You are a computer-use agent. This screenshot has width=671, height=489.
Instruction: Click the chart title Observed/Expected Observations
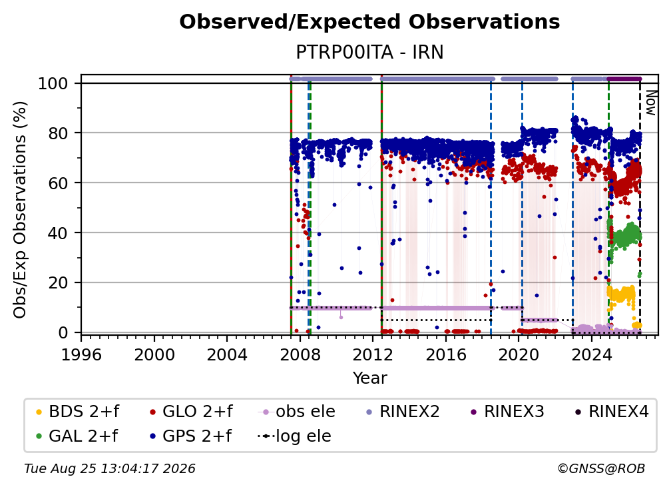[x=369, y=22]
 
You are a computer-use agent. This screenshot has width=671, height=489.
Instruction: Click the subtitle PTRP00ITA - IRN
[x=369, y=53]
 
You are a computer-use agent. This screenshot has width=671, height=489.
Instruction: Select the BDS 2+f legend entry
[x=77, y=412]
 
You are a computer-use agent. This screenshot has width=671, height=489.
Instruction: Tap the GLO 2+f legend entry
[x=191, y=412]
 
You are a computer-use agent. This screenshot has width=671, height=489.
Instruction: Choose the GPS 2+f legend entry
[x=190, y=436]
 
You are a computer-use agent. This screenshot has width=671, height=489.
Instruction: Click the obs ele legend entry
[x=296, y=412]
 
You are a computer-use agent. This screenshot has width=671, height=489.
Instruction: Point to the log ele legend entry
[x=294, y=436]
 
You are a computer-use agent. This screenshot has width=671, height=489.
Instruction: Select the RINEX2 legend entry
[x=403, y=412]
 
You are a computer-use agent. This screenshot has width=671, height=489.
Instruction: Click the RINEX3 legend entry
[x=507, y=412]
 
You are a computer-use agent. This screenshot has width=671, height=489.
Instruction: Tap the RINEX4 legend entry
[x=612, y=412]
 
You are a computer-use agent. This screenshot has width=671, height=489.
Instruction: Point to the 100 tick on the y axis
[x=53, y=83]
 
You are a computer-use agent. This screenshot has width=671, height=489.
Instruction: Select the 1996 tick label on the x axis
[x=81, y=355]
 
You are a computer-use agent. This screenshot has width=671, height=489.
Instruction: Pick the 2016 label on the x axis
[x=445, y=355]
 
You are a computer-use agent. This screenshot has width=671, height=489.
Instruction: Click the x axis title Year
[x=369, y=378]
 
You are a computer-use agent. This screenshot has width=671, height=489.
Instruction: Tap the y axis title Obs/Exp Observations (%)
[x=20, y=209]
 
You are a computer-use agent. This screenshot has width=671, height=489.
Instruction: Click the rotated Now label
[x=650, y=103]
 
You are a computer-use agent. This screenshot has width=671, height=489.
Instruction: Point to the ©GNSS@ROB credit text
[x=601, y=468]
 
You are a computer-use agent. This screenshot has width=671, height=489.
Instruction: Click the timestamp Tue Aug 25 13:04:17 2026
[x=110, y=468]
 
